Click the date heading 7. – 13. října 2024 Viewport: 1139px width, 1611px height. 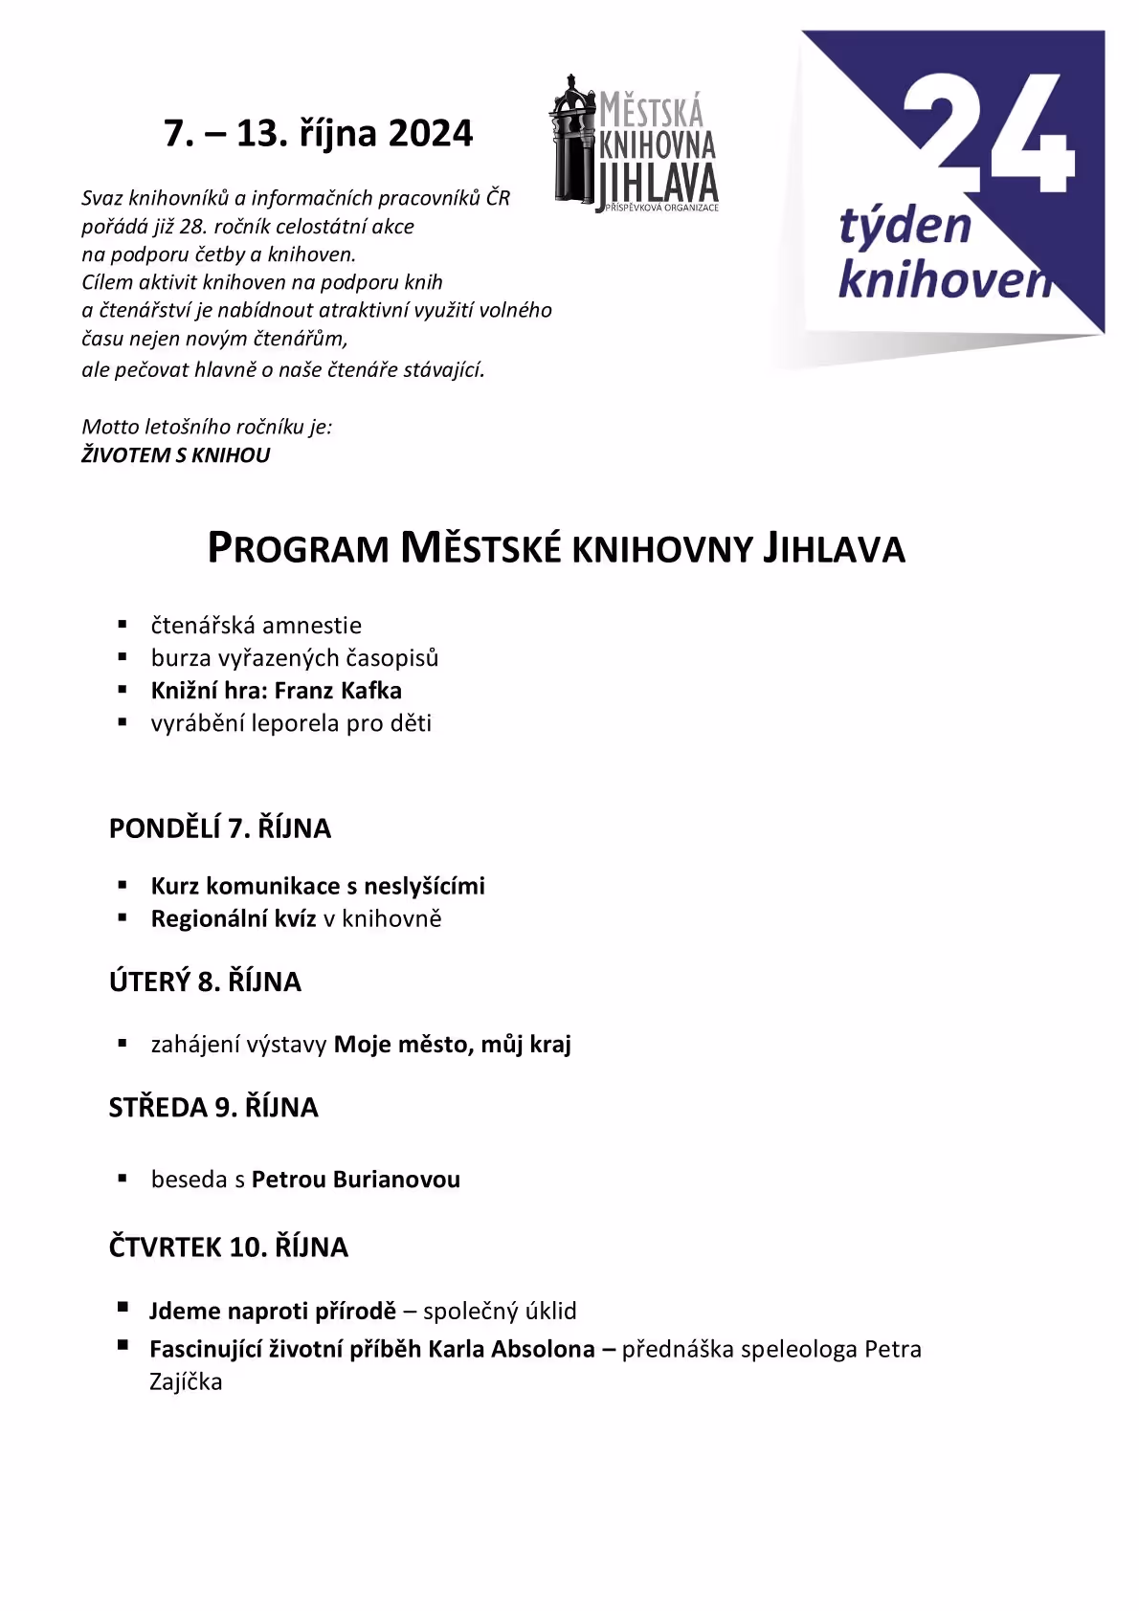(x=318, y=133)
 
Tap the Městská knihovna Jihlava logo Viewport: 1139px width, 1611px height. (x=634, y=143)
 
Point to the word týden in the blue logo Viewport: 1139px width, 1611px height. (x=904, y=228)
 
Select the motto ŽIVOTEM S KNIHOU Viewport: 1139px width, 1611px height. (x=176, y=455)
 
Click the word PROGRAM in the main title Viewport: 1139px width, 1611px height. (x=299, y=549)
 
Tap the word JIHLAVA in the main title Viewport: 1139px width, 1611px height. (x=833, y=549)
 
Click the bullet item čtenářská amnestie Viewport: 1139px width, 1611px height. (x=256, y=626)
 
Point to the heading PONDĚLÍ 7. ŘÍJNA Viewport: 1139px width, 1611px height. (x=220, y=828)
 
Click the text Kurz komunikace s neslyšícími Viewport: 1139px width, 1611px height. (x=318, y=887)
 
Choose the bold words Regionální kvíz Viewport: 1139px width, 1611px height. (x=234, y=919)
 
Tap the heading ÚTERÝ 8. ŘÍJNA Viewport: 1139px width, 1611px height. (x=205, y=982)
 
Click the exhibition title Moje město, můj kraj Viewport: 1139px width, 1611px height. (x=452, y=1045)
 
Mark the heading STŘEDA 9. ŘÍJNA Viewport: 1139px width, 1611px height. (x=213, y=1108)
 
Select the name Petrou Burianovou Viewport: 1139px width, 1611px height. (x=355, y=1180)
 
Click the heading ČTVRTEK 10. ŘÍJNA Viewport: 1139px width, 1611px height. (x=229, y=1247)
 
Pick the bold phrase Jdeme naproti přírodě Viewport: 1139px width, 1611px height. (x=273, y=1312)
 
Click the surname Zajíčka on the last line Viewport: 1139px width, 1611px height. (x=186, y=1382)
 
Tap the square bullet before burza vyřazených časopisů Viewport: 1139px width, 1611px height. (x=123, y=657)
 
